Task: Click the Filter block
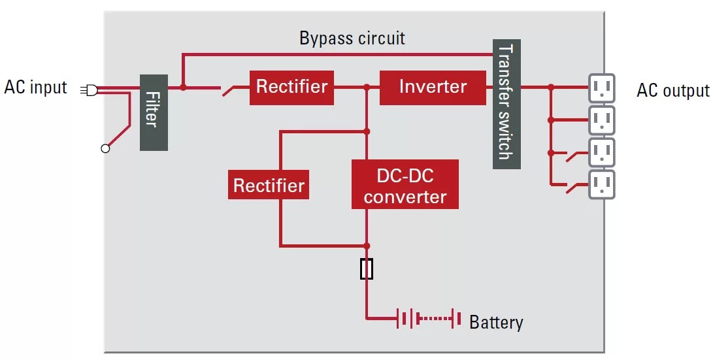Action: (154, 112)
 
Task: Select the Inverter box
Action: (433, 87)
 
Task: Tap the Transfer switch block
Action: (506, 103)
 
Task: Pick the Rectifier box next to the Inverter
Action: (291, 87)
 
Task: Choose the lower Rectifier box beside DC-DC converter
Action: (269, 186)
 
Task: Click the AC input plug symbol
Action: (90, 90)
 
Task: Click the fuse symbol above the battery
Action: (367, 269)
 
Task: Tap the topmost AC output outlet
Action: (601, 87)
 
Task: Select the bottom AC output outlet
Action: (601, 184)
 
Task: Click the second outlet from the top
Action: (601, 120)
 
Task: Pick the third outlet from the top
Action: (601, 152)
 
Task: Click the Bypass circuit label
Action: (352, 38)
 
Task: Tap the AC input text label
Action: (36, 88)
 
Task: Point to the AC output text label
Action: (672, 91)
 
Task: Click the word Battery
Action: (496, 322)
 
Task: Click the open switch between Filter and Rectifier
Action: (229, 90)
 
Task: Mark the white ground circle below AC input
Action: (105, 149)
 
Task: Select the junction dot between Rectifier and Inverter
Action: (367, 87)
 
